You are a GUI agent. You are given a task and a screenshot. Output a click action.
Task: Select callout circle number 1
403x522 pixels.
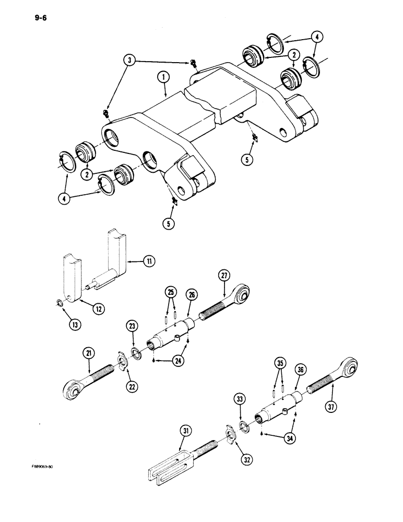(x=163, y=78)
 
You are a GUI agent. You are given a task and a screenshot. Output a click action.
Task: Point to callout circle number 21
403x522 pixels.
(x=88, y=355)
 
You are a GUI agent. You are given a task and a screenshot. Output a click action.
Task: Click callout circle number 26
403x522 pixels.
(x=192, y=295)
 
